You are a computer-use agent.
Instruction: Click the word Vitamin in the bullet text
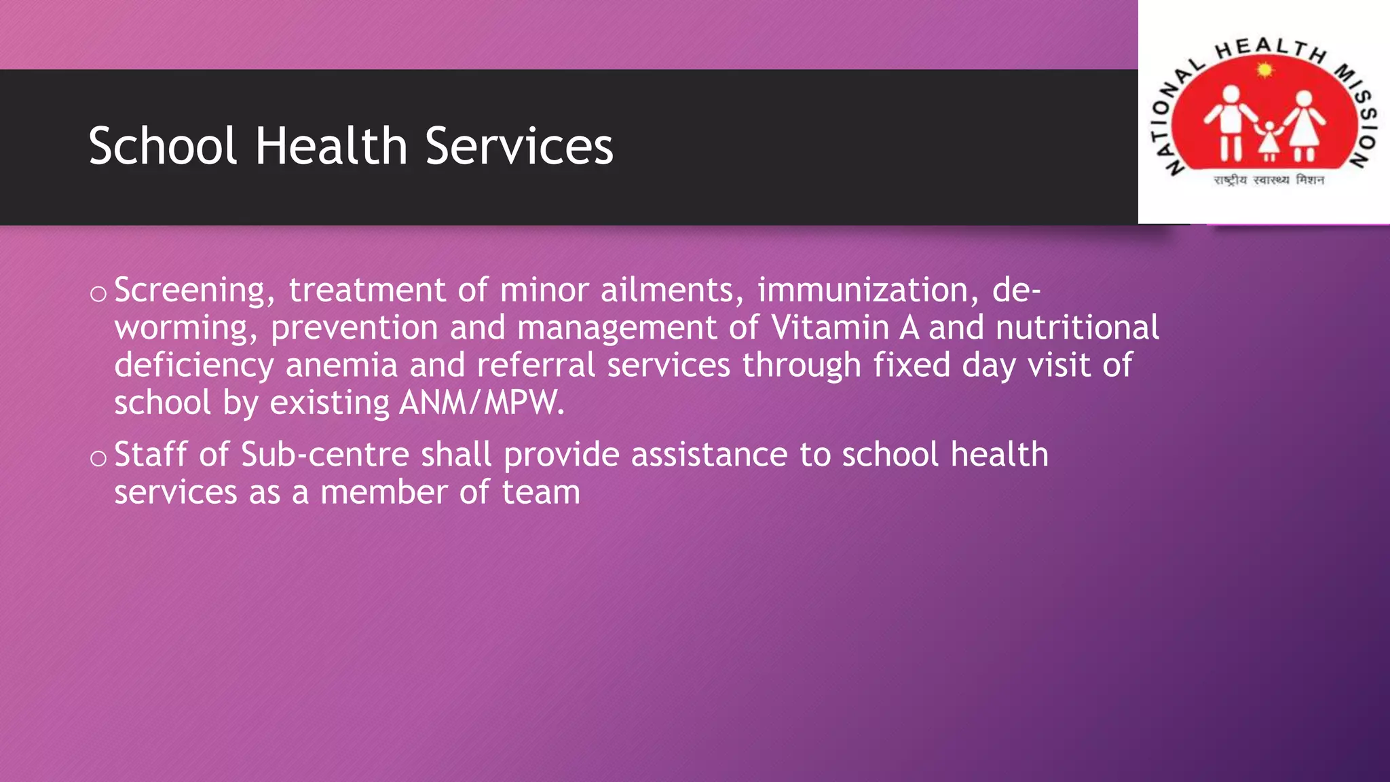tap(830, 328)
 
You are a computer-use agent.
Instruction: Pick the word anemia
tap(341, 365)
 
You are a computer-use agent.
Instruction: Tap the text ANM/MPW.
tap(481, 403)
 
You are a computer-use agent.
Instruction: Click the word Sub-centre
tap(324, 454)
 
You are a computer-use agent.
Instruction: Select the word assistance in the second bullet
tap(709, 454)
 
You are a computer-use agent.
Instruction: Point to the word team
tap(541, 492)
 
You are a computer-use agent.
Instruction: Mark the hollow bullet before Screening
tap(98, 294)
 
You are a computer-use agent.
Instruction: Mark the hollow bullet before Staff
tap(98, 458)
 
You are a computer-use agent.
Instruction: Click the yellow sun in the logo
tap(1264, 70)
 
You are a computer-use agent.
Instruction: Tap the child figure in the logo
tap(1269, 142)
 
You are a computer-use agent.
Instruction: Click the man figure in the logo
tap(1231, 122)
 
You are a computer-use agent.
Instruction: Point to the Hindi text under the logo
tap(1269, 180)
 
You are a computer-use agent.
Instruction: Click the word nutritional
tap(1077, 328)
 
